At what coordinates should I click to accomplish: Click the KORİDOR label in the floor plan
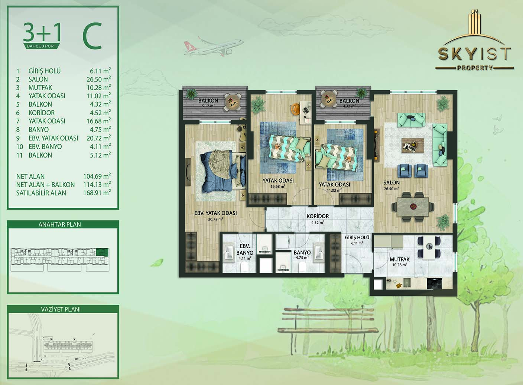(318, 216)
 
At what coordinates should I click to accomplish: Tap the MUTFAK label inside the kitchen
(399, 259)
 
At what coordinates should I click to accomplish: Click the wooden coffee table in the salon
(413, 145)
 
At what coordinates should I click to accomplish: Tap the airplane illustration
(214, 47)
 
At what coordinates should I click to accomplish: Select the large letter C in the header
(92, 36)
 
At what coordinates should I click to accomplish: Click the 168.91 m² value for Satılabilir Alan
(97, 193)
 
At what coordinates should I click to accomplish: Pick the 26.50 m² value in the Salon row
(98, 79)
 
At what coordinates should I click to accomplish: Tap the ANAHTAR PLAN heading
(60, 224)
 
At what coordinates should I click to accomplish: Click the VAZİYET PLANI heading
(61, 309)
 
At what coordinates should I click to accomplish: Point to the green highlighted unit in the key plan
(102, 252)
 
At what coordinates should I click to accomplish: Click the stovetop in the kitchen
(435, 284)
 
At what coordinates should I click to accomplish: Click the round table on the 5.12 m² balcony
(233, 102)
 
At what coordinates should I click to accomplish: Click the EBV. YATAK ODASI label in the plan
(215, 213)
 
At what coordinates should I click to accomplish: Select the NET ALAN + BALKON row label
(45, 185)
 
